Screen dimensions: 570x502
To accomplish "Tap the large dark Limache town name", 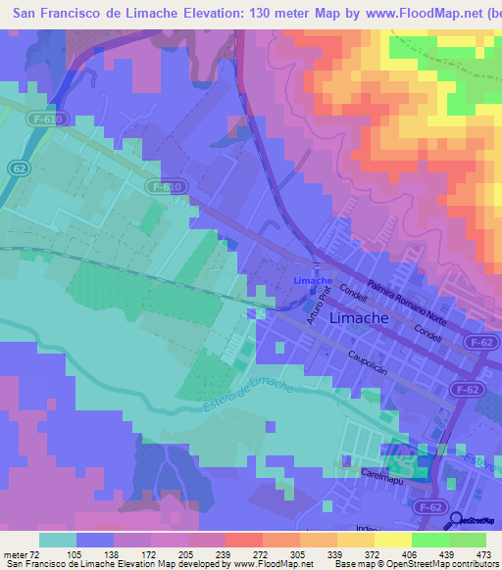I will click(361, 319).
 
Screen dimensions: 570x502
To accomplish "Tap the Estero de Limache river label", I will click(238, 398).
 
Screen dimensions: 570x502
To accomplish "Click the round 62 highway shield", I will click(20, 168).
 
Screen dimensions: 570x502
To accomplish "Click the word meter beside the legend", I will click(13, 554).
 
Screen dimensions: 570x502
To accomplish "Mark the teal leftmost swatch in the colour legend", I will click(57, 540).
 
